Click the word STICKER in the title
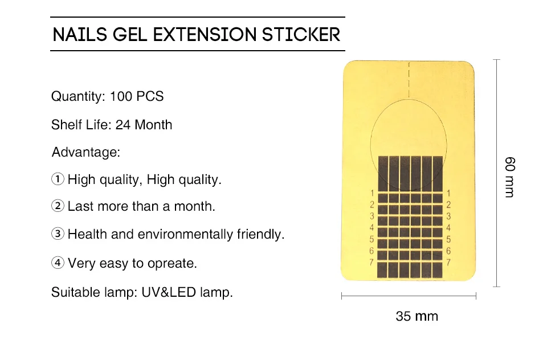301,35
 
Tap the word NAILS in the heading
80,35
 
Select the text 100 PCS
136,96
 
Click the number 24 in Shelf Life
123,125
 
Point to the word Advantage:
86,152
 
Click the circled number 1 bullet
58,179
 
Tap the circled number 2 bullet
58,206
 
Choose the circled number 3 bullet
58,234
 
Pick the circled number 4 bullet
58,263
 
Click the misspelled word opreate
172,264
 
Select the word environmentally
185,235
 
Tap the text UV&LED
169,292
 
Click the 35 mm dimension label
417,316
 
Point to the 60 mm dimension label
509,177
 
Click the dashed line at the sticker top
409,80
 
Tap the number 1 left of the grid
372,193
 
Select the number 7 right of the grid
448,263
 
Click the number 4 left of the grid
372,227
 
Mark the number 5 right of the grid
448,239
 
